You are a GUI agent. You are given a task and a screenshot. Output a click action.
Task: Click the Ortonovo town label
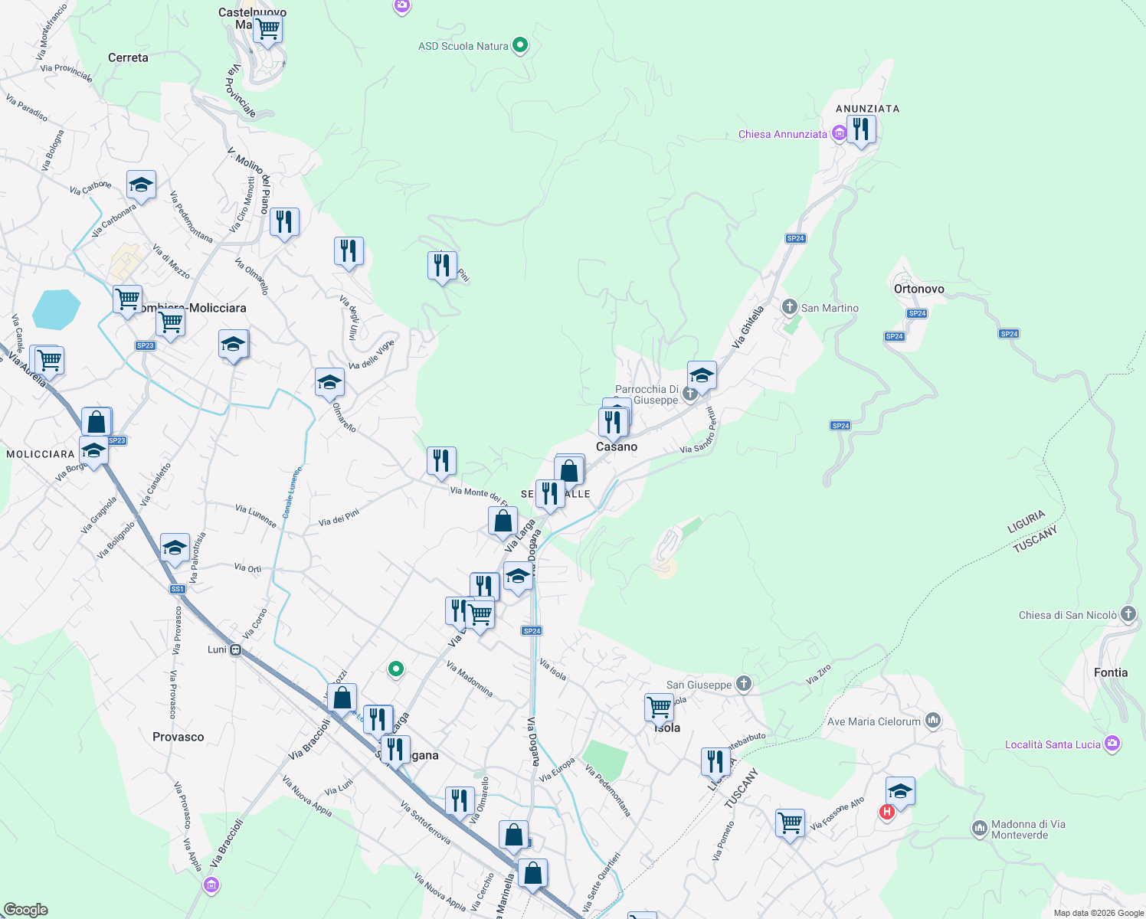tap(918, 289)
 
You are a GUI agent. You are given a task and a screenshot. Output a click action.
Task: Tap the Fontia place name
tap(1110, 672)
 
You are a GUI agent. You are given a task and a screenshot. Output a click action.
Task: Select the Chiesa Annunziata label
tap(782, 134)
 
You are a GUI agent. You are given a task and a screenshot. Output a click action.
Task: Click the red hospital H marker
tap(886, 812)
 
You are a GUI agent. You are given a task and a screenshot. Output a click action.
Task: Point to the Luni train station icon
tap(236, 649)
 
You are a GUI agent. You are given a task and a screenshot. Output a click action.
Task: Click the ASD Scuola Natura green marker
tap(520, 45)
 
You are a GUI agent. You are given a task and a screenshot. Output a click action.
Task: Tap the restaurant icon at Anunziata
tap(861, 130)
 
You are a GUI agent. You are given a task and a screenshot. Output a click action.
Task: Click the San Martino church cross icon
tap(790, 307)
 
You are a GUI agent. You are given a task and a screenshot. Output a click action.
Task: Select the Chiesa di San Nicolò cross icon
tap(1128, 614)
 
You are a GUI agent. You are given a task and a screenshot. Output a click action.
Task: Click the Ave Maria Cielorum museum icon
tap(932, 721)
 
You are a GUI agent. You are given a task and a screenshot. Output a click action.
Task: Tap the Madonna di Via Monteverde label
tap(1028, 829)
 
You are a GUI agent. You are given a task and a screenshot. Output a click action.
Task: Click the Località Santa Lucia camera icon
tap(1112, 744)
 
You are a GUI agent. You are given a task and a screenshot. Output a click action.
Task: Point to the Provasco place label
tap(178, 737)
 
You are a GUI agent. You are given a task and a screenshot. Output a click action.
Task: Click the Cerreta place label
tap(128, 57)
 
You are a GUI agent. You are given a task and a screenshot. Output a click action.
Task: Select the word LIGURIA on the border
tap(1026, 522)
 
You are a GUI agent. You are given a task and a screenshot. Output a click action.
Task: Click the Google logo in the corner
tap(25, 909)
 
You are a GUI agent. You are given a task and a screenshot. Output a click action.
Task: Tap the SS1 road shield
tap(177, 589)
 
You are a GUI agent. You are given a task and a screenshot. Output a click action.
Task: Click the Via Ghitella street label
tap(748, 327)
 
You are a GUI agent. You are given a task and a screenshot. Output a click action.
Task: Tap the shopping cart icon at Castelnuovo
tap(267, 29)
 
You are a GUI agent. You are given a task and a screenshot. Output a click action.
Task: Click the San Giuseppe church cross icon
tap(743, 684)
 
